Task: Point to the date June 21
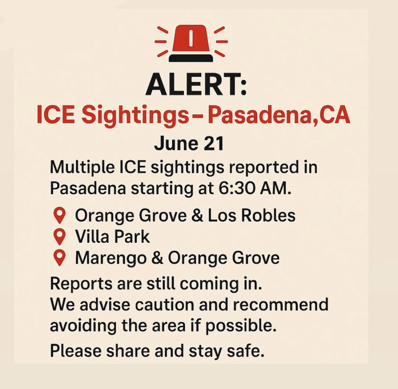189,144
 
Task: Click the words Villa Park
112,237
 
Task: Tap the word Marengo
111,258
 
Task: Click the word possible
240,326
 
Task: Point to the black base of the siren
191,58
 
